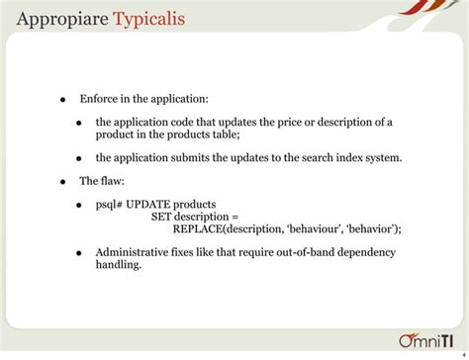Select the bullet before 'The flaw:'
(x=61, y=182)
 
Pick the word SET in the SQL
(x=161, y=217)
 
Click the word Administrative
(x=133, y=252)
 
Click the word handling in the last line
(x=118, y=265)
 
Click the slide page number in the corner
(x=463, y=344)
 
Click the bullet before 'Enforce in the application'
(x=61, y=100)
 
